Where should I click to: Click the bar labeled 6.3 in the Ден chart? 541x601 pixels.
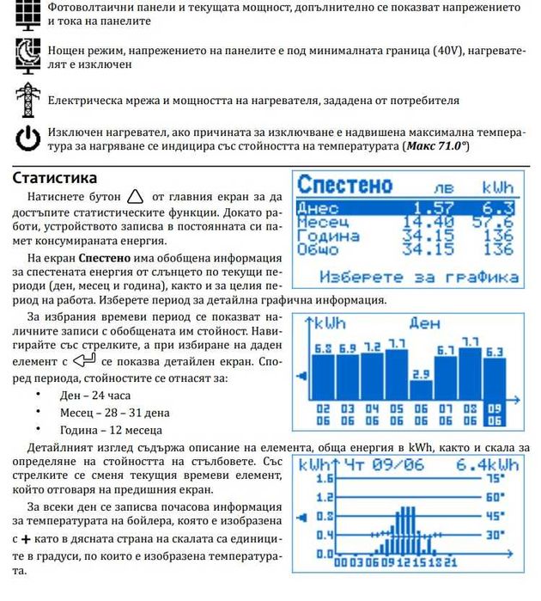[495, 378]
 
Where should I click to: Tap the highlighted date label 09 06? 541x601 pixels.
[495, 415]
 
